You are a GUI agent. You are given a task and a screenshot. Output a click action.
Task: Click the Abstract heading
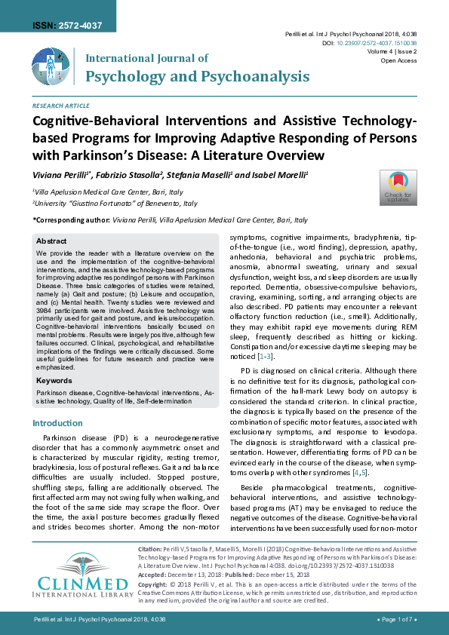pyautogui.click(x=51, y=241)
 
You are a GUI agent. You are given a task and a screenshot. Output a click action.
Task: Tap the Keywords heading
pyautogui.click(x=54, y=381)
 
